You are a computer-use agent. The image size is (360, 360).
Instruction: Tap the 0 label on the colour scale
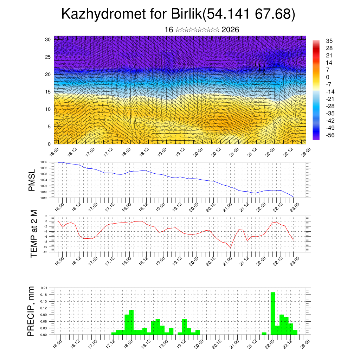pos(328,77)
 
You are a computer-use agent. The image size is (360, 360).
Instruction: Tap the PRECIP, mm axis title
pos(32,311)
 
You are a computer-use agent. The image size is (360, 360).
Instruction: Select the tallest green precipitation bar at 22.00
pos(273,313)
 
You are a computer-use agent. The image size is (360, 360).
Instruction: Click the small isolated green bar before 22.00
pos(264,333)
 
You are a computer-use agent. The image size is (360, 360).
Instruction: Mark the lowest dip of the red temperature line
pos(231,247)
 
